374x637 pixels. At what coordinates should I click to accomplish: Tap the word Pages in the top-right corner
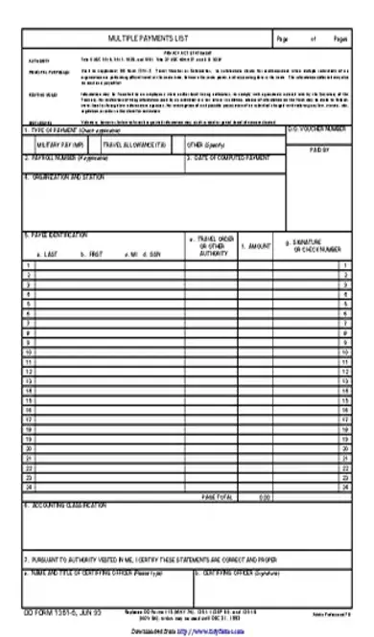click(x=341, y=38)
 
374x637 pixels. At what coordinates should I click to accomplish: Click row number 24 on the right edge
click(x=342, y=487)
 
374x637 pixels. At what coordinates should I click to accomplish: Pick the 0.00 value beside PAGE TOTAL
click(x=264, y=496)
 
